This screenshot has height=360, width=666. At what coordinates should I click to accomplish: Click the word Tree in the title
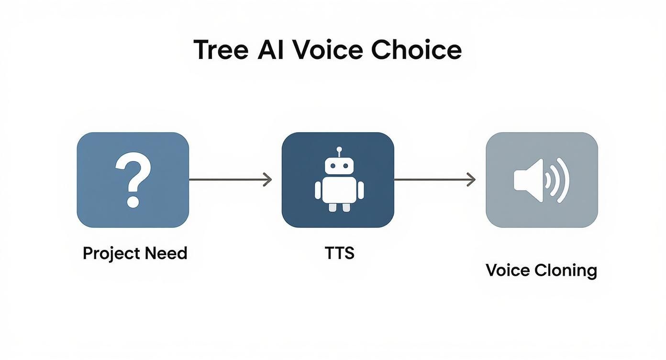point(221,50)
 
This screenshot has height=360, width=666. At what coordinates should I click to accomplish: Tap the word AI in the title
point(271,50)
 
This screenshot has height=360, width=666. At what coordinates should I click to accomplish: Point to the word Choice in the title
point(416,50)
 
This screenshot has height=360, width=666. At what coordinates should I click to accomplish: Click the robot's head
point(339,166)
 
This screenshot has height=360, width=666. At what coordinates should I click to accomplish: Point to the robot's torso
point(339,190)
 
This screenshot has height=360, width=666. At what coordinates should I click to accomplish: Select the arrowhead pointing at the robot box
point(268,180)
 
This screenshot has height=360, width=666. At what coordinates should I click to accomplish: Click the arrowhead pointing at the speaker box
point(472,180)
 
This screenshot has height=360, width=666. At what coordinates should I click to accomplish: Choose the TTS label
point(339,253)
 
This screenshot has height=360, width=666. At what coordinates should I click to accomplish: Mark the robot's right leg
point(347,206)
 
